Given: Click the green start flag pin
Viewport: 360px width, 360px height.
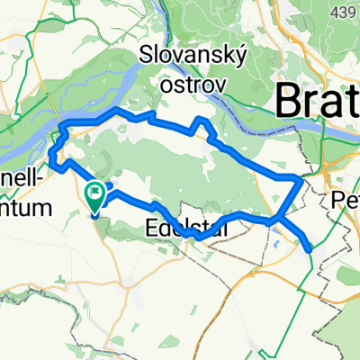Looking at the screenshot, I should click(95, 197).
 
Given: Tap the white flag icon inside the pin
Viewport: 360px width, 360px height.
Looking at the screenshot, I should click(95, 193).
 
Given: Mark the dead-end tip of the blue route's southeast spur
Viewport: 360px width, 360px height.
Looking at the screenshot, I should click(310, 249).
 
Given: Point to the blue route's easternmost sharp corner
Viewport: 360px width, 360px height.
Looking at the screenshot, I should click(299, 179).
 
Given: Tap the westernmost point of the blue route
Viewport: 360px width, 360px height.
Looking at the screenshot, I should click(51, 163).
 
